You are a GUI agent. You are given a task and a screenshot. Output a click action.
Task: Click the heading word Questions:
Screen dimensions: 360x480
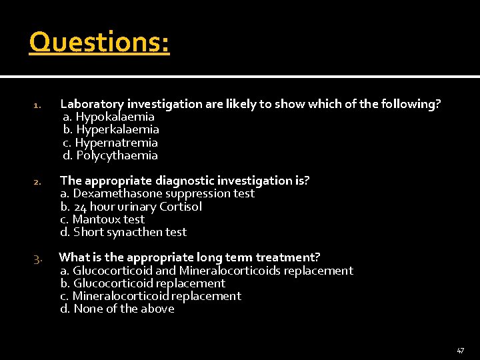point(99,43)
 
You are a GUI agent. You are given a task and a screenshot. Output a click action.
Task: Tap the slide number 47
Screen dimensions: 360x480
point(460,350)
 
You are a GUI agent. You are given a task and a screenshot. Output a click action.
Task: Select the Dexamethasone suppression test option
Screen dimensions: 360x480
point(157,193)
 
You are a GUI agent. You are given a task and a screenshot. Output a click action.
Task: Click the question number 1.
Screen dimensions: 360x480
point(38,105)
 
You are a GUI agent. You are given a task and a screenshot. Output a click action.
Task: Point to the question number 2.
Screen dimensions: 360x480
point(38,182)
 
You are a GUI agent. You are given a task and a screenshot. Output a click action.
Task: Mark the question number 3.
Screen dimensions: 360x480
point(38,258)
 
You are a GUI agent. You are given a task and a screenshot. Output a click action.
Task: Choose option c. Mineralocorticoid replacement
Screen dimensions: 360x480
point(151,296)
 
